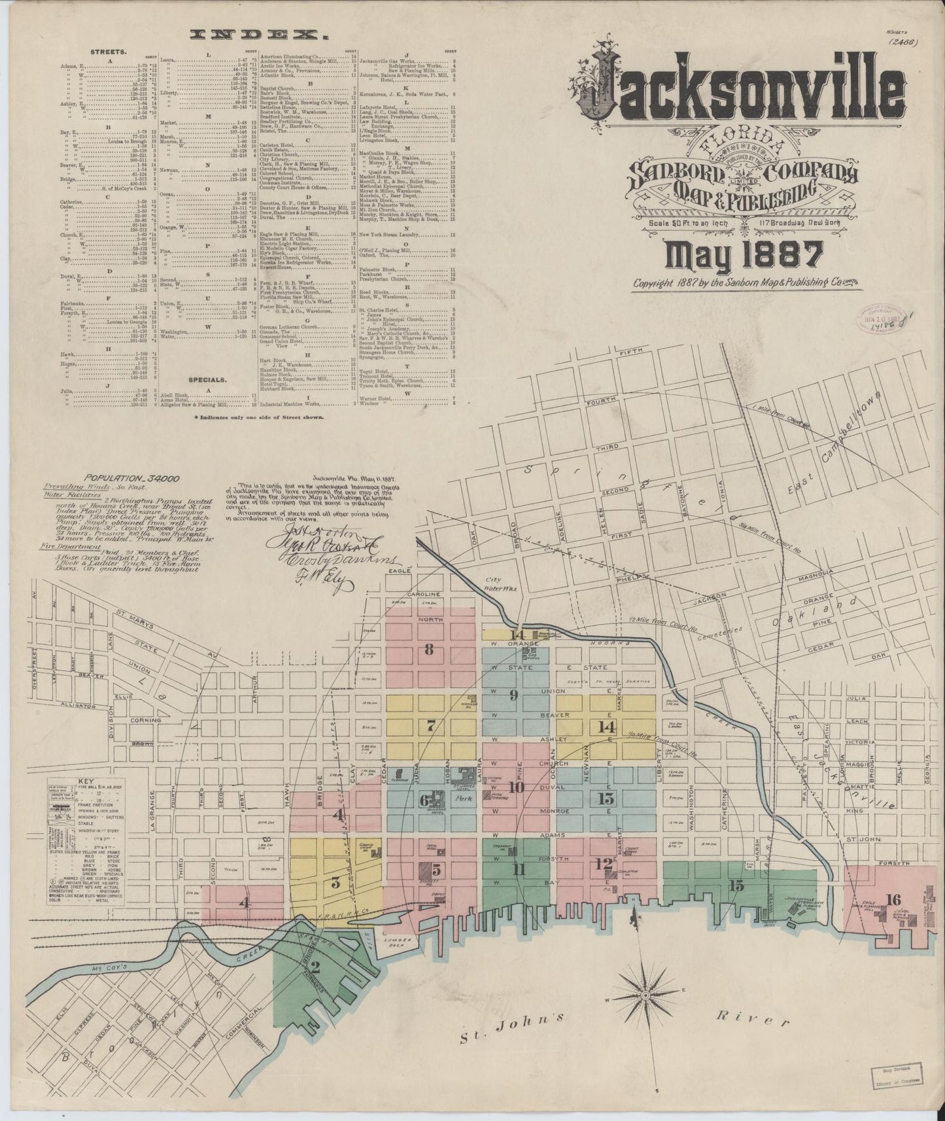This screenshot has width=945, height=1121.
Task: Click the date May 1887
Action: tap(744, 254)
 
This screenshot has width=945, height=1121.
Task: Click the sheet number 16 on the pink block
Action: tap(894, 899)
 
